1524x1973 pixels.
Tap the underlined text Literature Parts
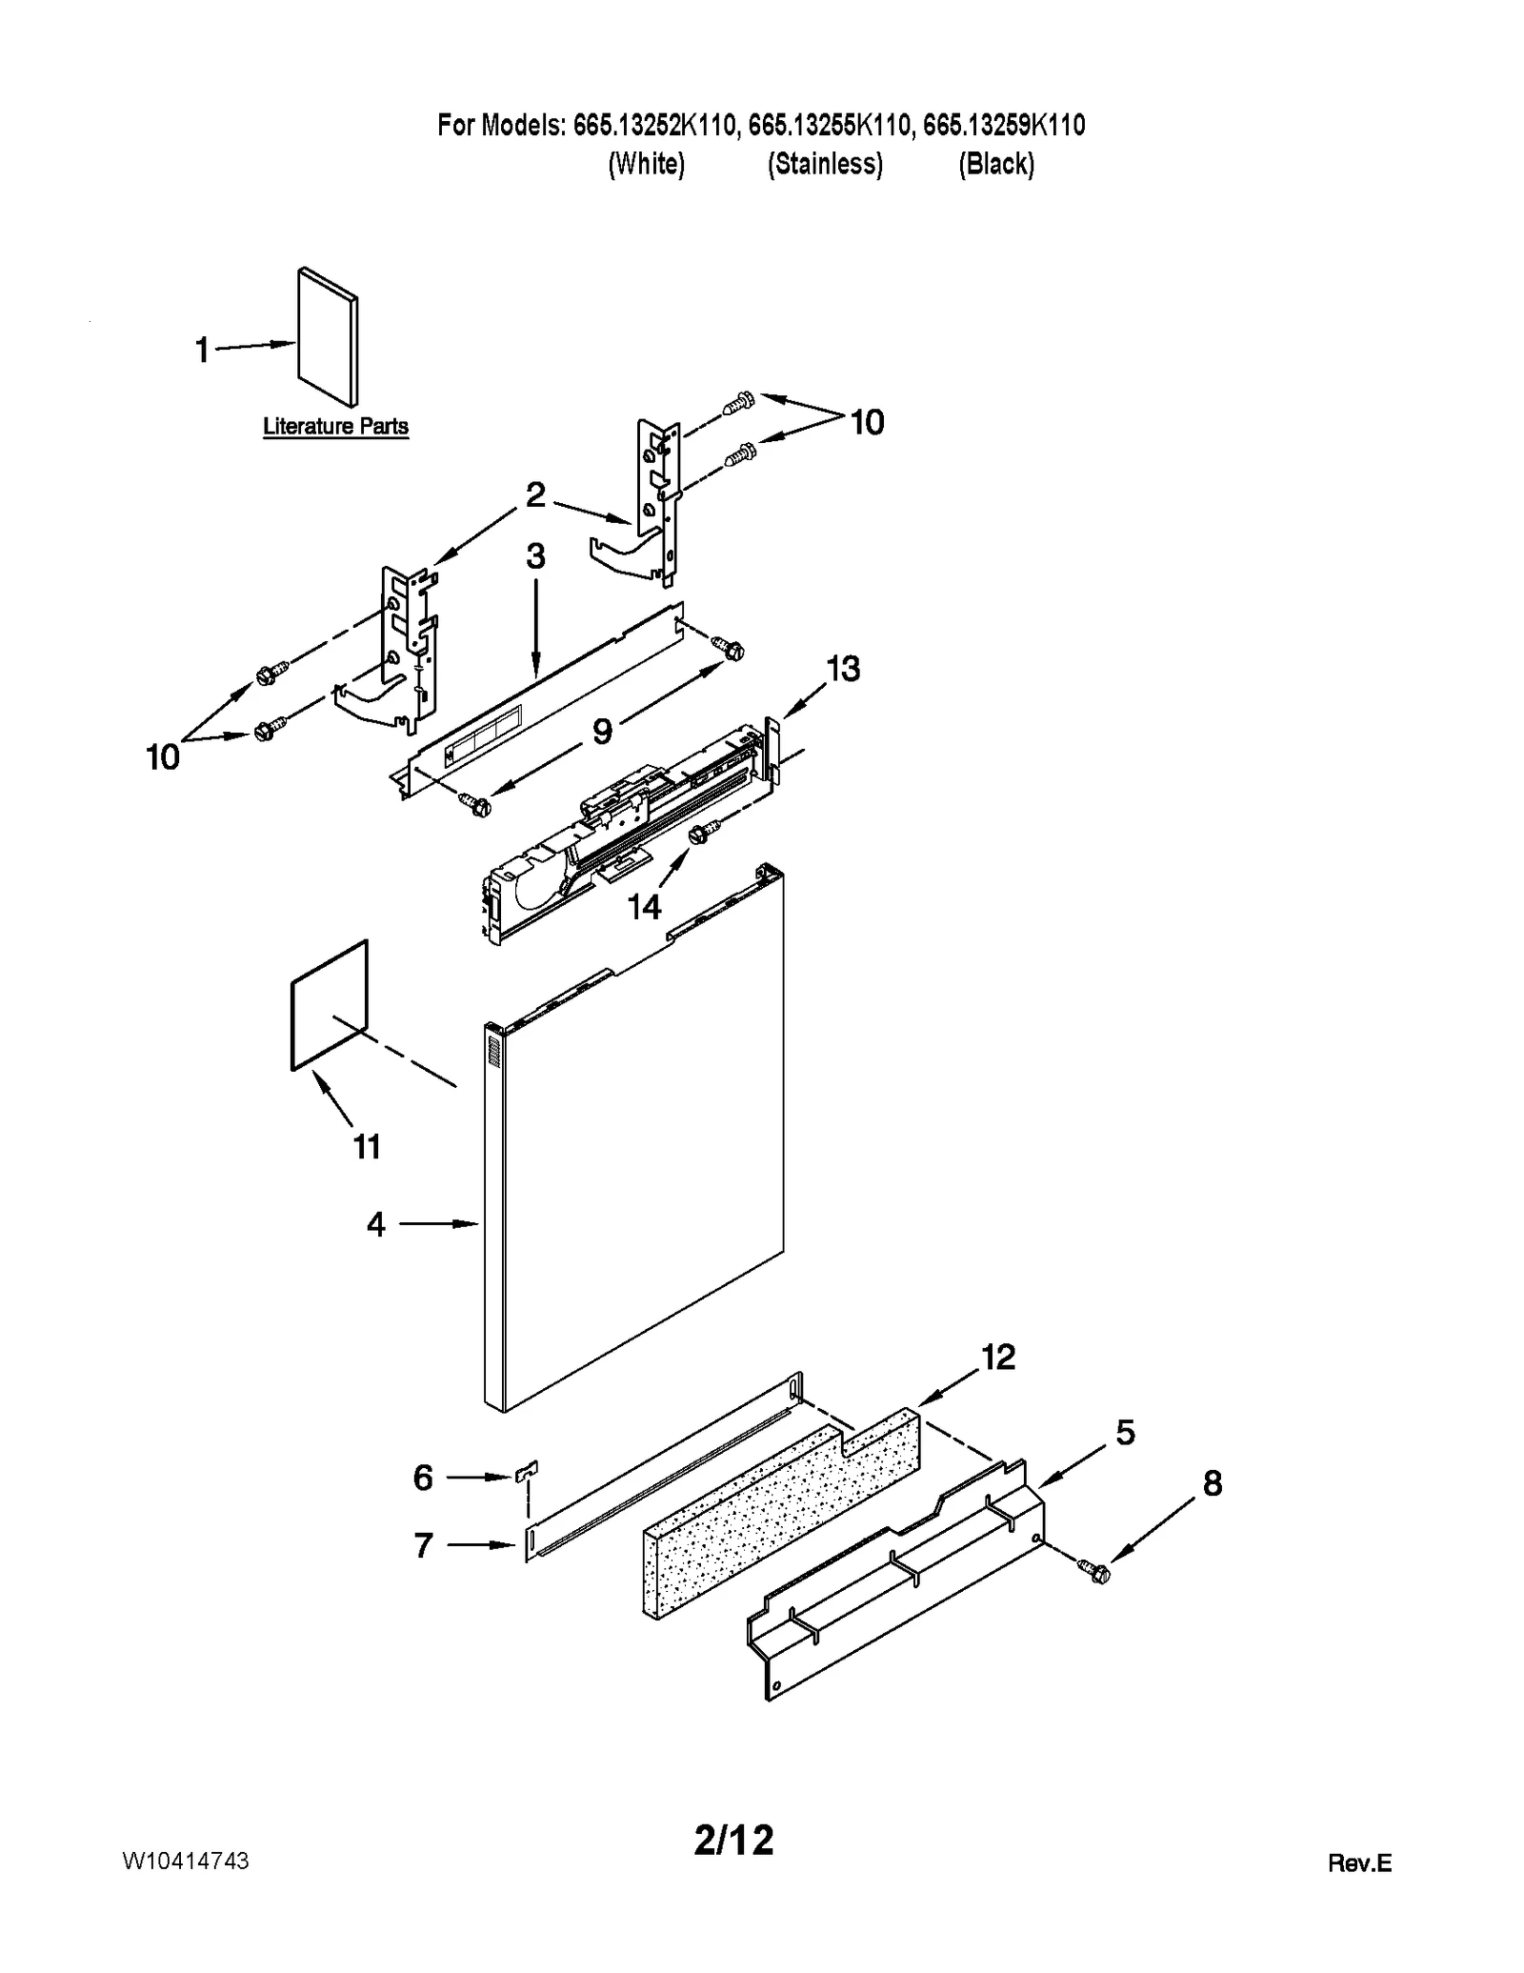click(335, 426)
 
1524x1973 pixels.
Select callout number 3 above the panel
click(535, 557)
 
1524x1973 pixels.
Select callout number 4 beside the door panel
click(376, 1224)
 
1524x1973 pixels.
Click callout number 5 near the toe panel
click(1125, 1432)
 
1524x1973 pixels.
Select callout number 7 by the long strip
click(424, 1545)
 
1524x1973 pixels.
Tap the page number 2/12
click(733, 1841)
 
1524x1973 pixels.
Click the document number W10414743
click(186, 1861)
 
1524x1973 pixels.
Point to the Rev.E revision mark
click(1359, 1863)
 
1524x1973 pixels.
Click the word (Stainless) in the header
click(825, 164)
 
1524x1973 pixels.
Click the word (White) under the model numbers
click(646, 164)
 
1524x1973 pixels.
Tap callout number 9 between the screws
click(602, 732)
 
